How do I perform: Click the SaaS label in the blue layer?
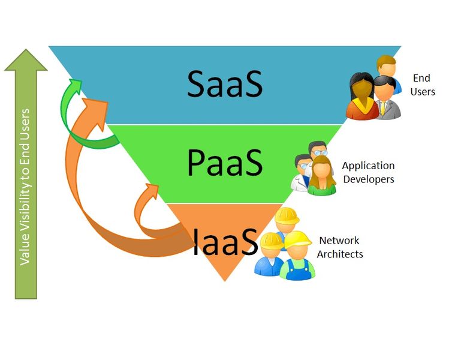(224, 84)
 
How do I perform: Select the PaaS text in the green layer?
(224, 162)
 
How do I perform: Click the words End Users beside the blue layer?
(423, 85)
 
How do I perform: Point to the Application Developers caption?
(368, 172)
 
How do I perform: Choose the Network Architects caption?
(340, 247)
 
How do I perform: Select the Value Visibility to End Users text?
(25, 186)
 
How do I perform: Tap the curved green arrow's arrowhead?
(74, 86)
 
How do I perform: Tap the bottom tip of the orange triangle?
(225, 280)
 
